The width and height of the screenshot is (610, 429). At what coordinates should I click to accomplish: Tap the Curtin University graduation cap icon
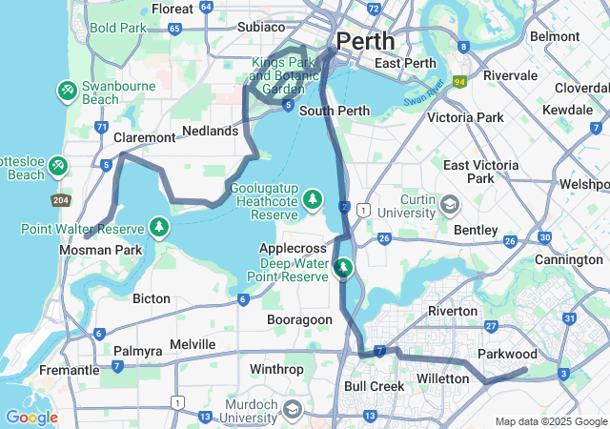pos(448,204)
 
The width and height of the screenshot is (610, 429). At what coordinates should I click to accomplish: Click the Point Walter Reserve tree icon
pos(159,228)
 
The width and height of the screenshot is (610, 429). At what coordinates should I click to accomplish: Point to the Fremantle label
pos(69,370)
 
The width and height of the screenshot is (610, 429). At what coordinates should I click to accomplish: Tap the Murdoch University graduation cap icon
pos(292,409)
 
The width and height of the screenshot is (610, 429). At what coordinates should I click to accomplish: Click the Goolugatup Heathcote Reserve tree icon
pos(312,199)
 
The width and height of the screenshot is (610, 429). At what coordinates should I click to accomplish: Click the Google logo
pos(30,418)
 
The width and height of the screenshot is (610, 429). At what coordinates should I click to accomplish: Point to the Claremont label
pos(145,137)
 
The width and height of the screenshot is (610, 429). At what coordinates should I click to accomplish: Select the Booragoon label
pos(299,319)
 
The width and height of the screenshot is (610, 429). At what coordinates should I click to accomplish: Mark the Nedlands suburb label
pos(210,131)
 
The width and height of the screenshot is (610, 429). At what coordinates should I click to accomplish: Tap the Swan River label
pos(423,98)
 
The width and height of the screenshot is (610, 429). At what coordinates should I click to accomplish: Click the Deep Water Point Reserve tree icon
pos(343,269)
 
